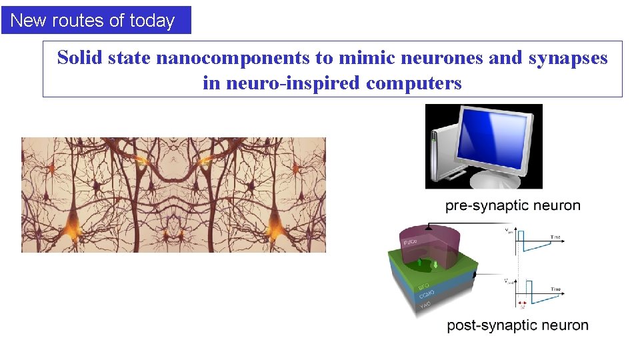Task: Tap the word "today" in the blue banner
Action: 152,21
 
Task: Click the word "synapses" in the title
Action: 568,58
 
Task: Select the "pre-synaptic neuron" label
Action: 513,205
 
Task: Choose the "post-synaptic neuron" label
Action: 517,326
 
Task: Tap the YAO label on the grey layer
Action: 425,305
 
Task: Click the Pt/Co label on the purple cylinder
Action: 409,241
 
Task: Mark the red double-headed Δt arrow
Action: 522,303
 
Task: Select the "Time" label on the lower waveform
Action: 555,289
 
